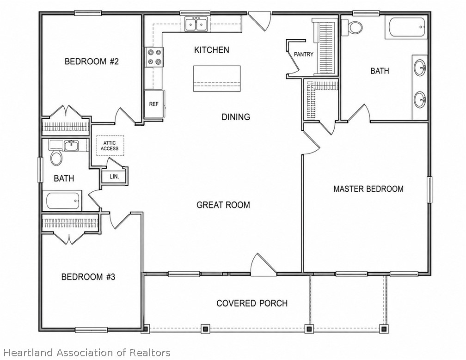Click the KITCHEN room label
[x=212, y=50]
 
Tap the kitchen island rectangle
[x=217, y=79]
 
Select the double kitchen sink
[x=196, y=24]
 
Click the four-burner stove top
[x=154, y=57]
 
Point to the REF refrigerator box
[x=154, y=104]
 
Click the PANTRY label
[x=303, y=55]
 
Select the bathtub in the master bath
[x=406, y=27]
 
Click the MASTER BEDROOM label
[x=368, y=189]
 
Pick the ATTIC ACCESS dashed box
[x=110, y=146]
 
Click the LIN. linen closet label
[x=115, y=177]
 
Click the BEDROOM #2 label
[x=92, y=61]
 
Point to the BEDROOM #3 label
[x=88, y=277]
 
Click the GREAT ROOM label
[x=223, y=205]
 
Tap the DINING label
[x=236, y=117]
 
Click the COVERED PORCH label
[x=252, y=303]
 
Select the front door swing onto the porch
[x=263, y=265]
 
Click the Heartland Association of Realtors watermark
[x=87, y=353]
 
